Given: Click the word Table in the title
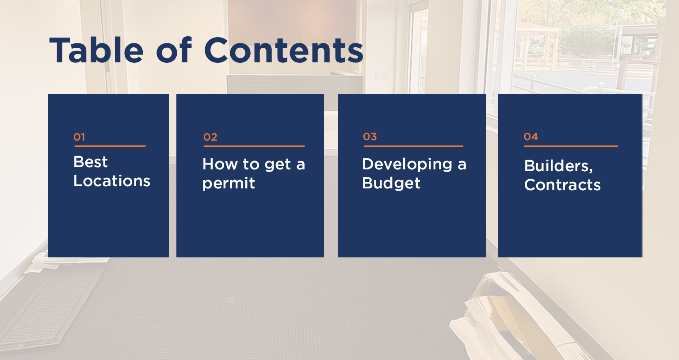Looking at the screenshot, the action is pyautogui.click(x=96, y=50).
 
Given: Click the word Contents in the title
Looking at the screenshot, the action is pyautogui.click(x=284, y=50).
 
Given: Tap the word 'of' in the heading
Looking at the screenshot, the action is pyautogui.click(x=174, y=50).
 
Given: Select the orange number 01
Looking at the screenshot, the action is pyautogui.click(x=79, y=137).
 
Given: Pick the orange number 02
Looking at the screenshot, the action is pyautogui.click(x=210, y=137).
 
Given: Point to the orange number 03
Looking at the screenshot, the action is pyautogui.click(x=370, y=137).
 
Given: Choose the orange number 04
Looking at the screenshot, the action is pyautogui.click(x=531, y=137).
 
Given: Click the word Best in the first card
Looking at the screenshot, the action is pyautogui.click(x=90, y=162).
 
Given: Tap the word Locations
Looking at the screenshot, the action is pyautogui.click(x=112, y=181).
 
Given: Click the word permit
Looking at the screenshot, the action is pyautogui.click(x=229, y=183).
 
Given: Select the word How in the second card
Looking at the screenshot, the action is pyautogui.click(x=220, y=164).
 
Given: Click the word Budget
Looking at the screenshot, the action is pyautogui.click(x=391, y=183).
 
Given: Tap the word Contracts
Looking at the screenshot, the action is pyautogui.click(x=563, y=185).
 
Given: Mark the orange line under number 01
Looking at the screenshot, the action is pyautogui.click(x=110, y=146).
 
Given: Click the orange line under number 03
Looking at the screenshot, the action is pyautogui.click(x=414, y=146).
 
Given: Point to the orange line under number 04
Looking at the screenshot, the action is pyautogui.click(x=571, y=146).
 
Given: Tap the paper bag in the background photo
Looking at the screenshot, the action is pyautogui.click(x=515, y=318).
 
